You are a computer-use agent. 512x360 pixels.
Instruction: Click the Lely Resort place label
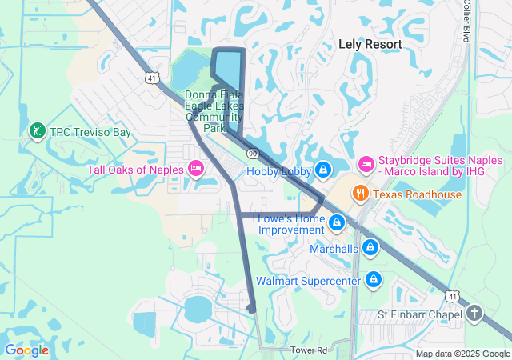[x=370, y=44]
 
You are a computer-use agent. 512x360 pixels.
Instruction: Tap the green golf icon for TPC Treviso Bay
[x=36, y=130]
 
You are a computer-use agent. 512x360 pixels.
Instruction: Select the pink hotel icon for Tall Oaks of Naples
[x=195, y=168]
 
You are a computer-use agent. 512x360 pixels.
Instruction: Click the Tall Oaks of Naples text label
[x=135, y=169]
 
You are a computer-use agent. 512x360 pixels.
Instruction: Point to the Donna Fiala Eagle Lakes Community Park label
[x=214, y=110]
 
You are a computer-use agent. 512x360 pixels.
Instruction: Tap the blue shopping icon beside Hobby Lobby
[x=322, y=170]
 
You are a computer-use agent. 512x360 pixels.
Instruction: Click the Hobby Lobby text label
[x=278, y=170]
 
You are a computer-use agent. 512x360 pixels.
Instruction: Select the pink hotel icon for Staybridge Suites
[x=366, y=163]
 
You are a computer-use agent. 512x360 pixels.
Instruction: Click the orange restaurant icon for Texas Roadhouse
[x=361, y=193]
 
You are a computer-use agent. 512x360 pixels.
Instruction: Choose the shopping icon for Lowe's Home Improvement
[x=337, y=221]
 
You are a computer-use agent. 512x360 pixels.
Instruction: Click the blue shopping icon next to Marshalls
[x=370, y=248]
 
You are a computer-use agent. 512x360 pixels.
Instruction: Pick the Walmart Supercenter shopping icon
[x=373, y=280]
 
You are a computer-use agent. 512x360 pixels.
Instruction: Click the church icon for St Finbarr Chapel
[x=474, y=313]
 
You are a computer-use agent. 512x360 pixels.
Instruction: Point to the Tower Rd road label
[x=309, y=350]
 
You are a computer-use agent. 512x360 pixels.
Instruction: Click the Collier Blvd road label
[x=466, y=21]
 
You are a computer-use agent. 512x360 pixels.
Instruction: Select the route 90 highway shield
[x=253, y=152]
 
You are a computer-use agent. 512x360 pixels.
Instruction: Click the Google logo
[x=26, y=350]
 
